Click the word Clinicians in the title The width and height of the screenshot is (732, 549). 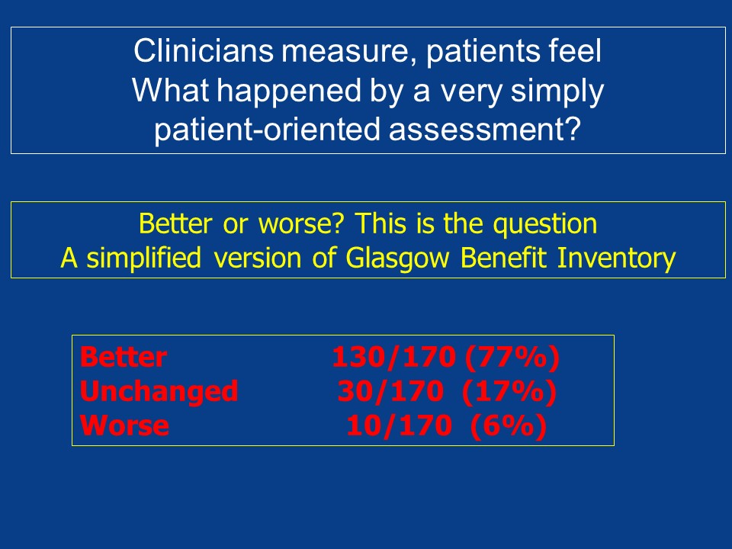tap(203, 51)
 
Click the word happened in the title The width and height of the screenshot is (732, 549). tap(290, 91)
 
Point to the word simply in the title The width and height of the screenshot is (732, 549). tap(557, 91)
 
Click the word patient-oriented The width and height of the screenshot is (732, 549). tap(268, 130)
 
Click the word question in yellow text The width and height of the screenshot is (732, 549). tap(545, 224)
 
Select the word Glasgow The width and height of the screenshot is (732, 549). tap(397, 258)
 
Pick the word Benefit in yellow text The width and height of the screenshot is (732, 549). tap(503, 257)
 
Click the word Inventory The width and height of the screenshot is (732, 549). tap(617, 258)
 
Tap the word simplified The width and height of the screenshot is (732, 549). tap(144, 258)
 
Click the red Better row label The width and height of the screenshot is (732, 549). tap(124, 357)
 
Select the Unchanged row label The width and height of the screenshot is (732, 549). tap(159, 392)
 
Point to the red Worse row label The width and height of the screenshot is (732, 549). tap(124, 425)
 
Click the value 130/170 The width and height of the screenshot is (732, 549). tap(393, 357)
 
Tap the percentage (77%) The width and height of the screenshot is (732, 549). tap(512, 358)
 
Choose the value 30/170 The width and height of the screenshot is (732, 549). tap(390, 391)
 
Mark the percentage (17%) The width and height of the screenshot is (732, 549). tap(509, 392)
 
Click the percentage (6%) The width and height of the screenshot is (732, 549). tap(509, 426)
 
